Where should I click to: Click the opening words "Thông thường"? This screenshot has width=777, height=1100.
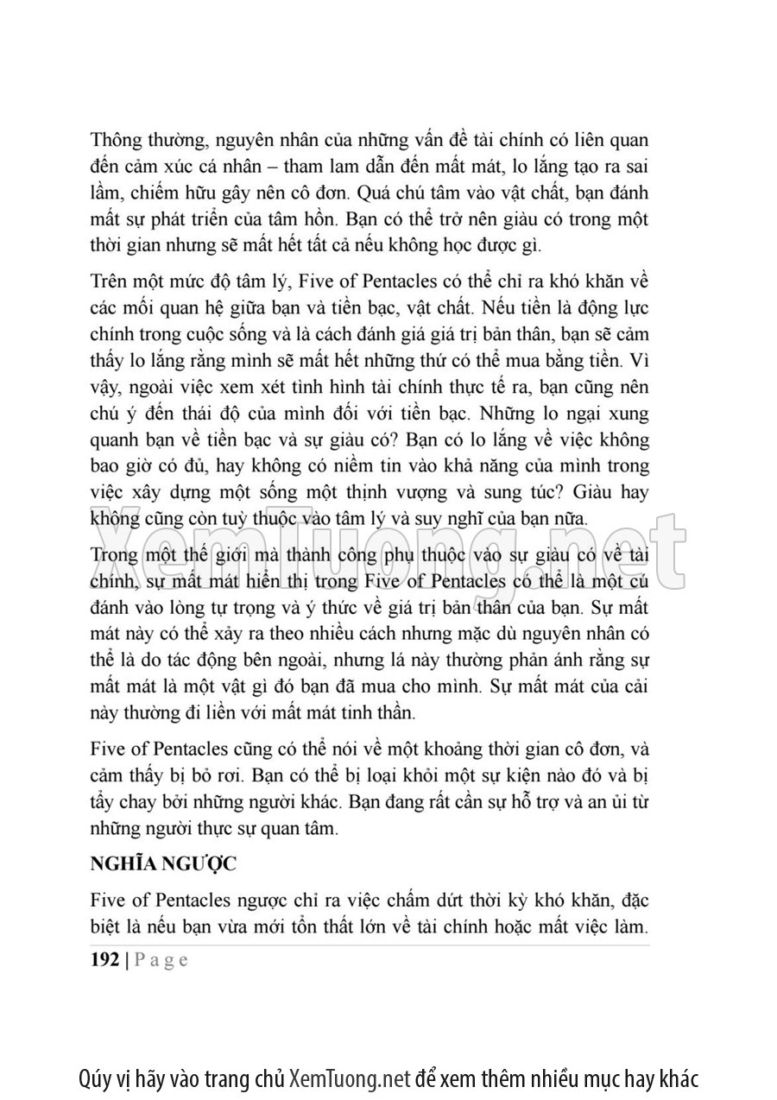coord(138,140)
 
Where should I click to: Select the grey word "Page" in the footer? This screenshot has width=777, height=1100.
coord(161,961)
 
